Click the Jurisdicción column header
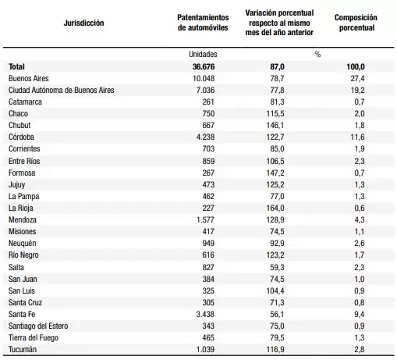pyautogui.click(x=83, y=23)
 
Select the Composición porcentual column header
pyautogui.click(x=356, y=23)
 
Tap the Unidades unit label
pyautogui.click(x=203, y=54)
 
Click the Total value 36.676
pyautogui.click(x=204, y=66)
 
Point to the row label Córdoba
pyautogui.click(x=21, y=137)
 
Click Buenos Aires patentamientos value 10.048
pyautogui.click(x=204, y=78)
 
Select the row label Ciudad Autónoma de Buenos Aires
pyautogui.click(x=62, y=90)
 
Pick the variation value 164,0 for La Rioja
pyautogui.click(x=275, y=208)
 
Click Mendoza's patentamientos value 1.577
pyautogui.click(x=205, y=219)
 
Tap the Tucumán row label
pyautogui.click(x=23, y=349)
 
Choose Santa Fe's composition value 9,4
pyautogui.click(x=359, y=314)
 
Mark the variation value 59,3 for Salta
pyautogui.click(x=277, y=267)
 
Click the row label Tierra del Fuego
pyautogui.click(x=34, y=337)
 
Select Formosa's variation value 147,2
pyautogui.click(x=275, y=173)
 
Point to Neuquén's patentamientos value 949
pyautogui.click(x=208, y=243)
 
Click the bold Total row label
pyautogui.click(x=16, y=66)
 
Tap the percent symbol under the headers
pyautogui.click(x=317, y=54)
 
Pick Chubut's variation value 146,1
pyautogui.click(x=275, y=125)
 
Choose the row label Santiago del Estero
pyautogui.click(x=38, y=326)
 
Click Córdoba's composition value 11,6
pyautogui.click(x=357, y=137)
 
